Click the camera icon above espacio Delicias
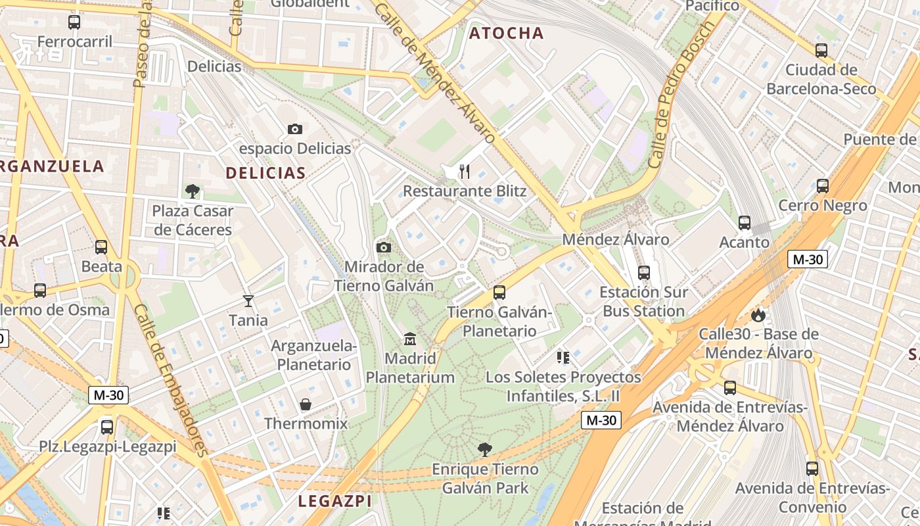pos(294,129)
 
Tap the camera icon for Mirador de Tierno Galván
pos(384,247)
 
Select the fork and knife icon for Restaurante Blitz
pos(465,172)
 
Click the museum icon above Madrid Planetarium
pos(410,339)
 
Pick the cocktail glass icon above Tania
pos(248,301)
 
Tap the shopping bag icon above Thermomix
pos(306,404)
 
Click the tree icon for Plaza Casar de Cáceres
pos(193,191)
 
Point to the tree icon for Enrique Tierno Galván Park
pos(485,450)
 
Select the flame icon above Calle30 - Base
pos(758,315)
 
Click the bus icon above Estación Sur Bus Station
pos(644,272)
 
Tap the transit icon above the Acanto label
pos(745,223)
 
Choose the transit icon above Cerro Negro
pos(823,186)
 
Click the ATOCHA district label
pos(506,33)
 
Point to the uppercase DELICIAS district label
pos(265,173)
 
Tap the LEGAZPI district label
pos(335,501)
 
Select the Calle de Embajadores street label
pos(170,379)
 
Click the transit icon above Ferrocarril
pos(74,22)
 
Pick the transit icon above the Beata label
pos(101,247)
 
